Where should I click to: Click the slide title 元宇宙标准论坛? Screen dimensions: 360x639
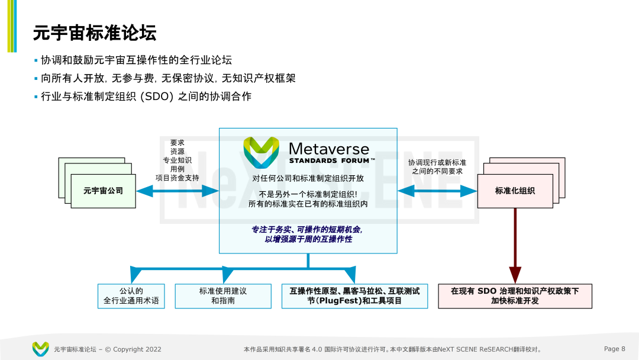pos(95,33)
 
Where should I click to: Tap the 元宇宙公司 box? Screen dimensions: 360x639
pos(103,191)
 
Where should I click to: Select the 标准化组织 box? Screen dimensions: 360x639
pos(515,191)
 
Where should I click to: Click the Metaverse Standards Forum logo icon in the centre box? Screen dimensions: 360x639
pos(261,152)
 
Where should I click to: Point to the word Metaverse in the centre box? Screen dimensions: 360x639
pos(328,149)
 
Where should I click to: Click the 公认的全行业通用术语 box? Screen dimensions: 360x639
pos(131,296)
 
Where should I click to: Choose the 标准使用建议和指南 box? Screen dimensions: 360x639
pos(223,296)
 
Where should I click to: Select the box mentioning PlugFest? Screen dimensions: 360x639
pos(354,296)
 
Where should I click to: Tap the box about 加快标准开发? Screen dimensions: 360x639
pos(515,296)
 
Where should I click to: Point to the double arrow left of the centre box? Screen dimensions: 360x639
pos(177,191)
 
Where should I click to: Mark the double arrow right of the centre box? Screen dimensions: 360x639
pos(437,191)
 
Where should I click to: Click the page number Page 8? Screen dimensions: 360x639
pos(614,349)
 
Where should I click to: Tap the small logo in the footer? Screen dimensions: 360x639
pos(40,349)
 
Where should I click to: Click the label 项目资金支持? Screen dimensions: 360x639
pos(177,178)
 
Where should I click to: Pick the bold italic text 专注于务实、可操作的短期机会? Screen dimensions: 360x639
pos(307,229)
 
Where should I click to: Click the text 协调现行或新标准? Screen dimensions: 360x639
pos(437,162)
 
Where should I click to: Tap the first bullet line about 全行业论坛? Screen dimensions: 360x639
pos(136,60)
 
